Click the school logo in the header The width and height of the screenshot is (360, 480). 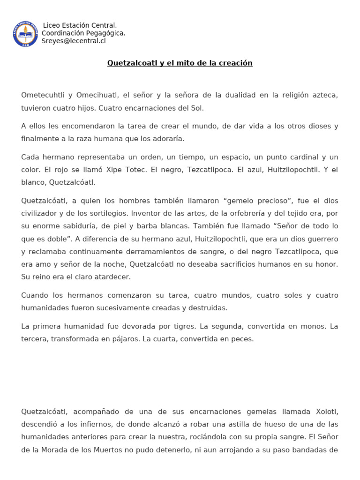point(26,33)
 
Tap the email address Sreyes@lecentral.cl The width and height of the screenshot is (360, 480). point(74,41)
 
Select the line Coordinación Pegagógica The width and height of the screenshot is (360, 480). point(83,33)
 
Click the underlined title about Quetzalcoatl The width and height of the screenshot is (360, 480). point(180,63)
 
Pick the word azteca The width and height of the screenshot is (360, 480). point(324,95)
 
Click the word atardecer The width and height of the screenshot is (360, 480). point(112,277)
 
